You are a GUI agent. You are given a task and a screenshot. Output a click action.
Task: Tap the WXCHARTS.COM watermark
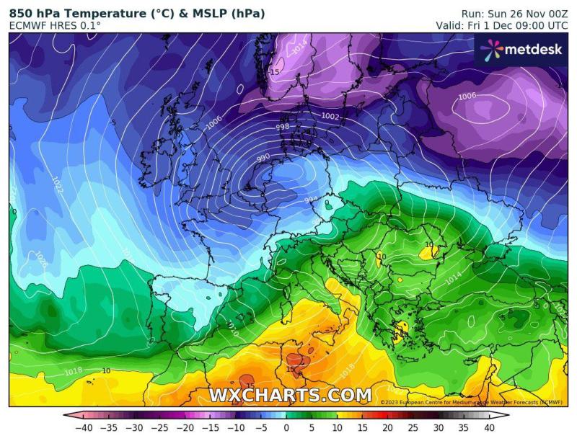(290, 395)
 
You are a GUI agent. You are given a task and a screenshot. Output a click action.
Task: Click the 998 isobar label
(283, 127)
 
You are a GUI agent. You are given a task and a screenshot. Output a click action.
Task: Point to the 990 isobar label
(263, 156)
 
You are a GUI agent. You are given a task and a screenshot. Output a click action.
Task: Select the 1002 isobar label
(330, 117)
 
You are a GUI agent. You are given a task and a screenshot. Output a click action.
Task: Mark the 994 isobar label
(311, 200)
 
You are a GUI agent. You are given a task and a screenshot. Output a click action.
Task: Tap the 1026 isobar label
(40, 259)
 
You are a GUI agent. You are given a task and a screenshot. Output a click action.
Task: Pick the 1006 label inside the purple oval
(467, 97)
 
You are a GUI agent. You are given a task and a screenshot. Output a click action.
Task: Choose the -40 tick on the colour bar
(86, 428)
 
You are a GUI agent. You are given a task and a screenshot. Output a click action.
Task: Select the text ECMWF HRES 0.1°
(55, 26)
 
